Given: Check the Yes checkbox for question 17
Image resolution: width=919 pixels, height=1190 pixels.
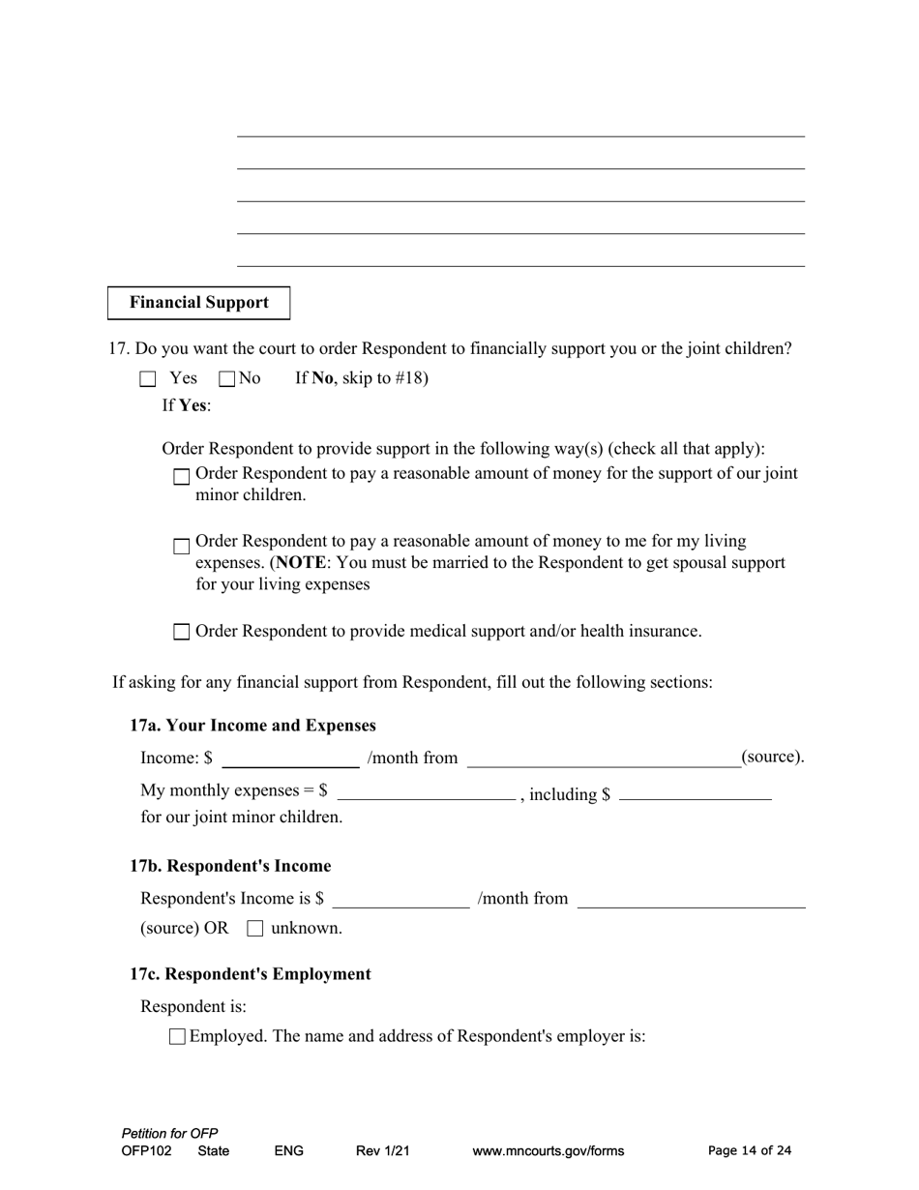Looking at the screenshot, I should pos(147,379).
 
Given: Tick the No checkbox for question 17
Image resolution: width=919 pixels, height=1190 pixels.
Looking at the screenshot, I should pos(227,379).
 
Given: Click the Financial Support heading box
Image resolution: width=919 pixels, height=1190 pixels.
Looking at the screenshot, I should pos(198,303).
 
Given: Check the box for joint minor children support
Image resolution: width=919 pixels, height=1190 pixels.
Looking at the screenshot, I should pos(182,477).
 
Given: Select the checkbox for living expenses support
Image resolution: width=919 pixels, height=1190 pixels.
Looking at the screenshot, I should pos(182,547).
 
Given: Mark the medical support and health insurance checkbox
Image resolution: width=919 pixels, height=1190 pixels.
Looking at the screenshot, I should pos(182,633).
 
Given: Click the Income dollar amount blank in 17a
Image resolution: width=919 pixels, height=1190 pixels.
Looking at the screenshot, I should pos(290,759).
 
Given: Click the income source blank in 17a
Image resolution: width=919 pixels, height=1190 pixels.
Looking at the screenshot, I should pos(604,759).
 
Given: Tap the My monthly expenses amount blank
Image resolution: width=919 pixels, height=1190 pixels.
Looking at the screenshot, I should pos(426,792).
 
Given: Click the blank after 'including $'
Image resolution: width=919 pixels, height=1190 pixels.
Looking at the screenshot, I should pos(695,792).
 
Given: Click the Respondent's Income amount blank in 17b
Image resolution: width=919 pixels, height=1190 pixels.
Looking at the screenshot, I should pos(400,900).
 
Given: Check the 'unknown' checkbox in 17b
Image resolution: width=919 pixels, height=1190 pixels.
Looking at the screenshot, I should pos(255,929).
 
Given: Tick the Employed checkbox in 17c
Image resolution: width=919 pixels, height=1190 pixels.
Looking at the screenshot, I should pos(177,1037).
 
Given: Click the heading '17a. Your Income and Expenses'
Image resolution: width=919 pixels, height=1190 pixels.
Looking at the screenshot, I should pos(253,726).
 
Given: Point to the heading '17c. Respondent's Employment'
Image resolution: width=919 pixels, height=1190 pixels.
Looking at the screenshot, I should pos(251,974).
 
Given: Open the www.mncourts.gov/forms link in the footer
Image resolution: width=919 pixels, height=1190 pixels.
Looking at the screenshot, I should pos(548,1151).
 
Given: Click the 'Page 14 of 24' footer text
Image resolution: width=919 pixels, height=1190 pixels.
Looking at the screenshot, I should pos(750,1150).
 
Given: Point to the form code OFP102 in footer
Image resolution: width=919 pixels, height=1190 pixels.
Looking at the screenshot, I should pos(147,1151).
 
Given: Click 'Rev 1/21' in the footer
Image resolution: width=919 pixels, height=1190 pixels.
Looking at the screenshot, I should pos(383,1151).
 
